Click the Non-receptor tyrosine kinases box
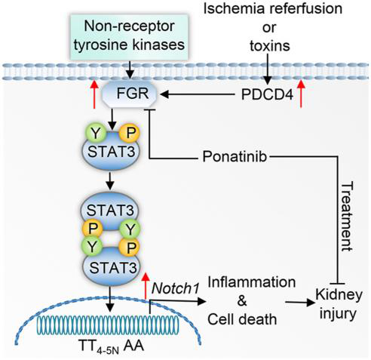click(129, 37)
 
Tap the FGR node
click(130, 94)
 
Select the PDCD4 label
click(267, 95)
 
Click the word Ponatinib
click(235, 157)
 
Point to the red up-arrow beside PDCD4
click(301, 94)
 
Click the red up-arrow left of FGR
click(94, 94)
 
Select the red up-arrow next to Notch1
click(145, 286)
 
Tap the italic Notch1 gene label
click(175, 288)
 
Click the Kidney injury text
click(339, 304)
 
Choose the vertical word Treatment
click(348, 217)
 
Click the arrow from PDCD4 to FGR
click(197, 94)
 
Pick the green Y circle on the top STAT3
click(96, 133)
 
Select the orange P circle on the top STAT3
click(129, 133)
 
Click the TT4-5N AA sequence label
click(112, 346)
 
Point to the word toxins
click(270, 45)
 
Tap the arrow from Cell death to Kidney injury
click(300, 302)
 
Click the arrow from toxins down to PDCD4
click(268, 69)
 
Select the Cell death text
click(242, 319)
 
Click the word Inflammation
click(252, 282)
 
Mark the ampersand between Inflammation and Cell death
click(242, 300)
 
